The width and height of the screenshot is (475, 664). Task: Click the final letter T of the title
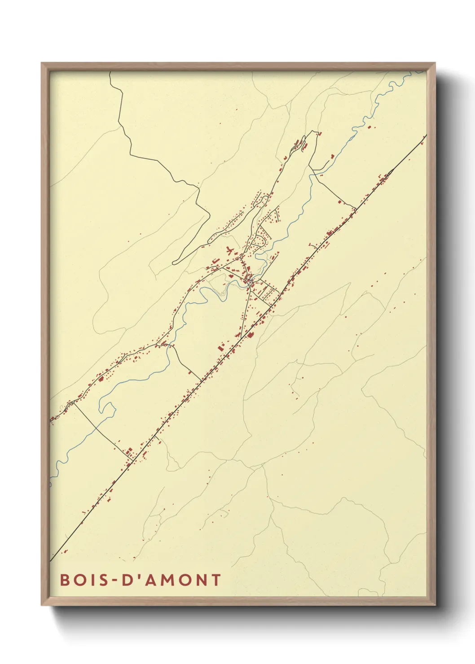[216, 580]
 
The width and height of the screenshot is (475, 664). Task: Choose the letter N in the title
[200, 580]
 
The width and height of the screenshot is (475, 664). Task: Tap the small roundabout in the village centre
[248, 281]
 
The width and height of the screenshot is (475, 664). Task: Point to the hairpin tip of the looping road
[174, 262]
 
